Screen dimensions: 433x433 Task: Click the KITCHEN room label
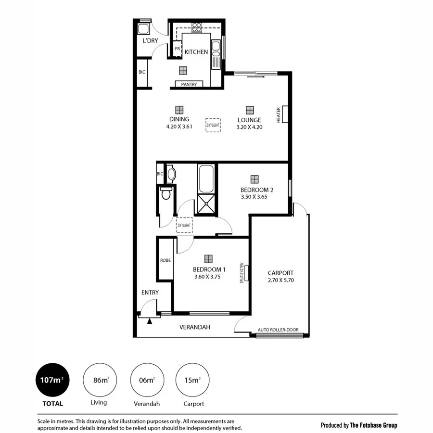coord(196,52)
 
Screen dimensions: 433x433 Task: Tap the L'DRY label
coord(150,41)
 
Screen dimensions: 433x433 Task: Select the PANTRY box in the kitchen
coord(189,84)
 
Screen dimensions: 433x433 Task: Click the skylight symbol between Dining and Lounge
coord(213,125)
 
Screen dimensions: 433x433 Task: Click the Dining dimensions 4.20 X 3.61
coord(179,127)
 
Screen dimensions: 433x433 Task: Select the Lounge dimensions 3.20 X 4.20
coord(249,127)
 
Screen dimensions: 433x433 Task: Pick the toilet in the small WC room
coord(166,194)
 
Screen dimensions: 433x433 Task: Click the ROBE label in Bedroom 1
coord(166,260)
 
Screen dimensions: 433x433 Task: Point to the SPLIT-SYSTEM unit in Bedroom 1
coord(245,272)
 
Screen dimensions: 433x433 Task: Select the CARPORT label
coord(280,273)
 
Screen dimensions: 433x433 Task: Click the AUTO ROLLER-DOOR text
coord(278,330)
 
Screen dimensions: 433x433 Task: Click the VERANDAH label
coord(195,327)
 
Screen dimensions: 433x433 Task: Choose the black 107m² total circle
coord(53,380)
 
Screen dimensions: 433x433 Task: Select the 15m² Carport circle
coord(192,380)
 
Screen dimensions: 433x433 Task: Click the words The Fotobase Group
coord(374,425)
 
